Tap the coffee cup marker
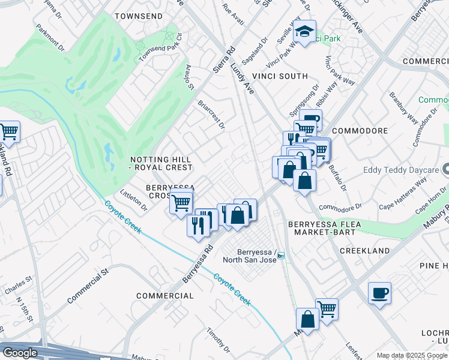point(379,293)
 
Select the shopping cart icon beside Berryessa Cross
point(181,202)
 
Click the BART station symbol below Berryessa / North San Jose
point(280,255)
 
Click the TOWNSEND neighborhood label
point(139,16)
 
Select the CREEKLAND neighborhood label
point(364,250)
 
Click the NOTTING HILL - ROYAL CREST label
point(161,163)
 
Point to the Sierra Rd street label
point(223,59)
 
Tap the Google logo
point(20,353)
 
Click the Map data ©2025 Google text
point(411,355)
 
